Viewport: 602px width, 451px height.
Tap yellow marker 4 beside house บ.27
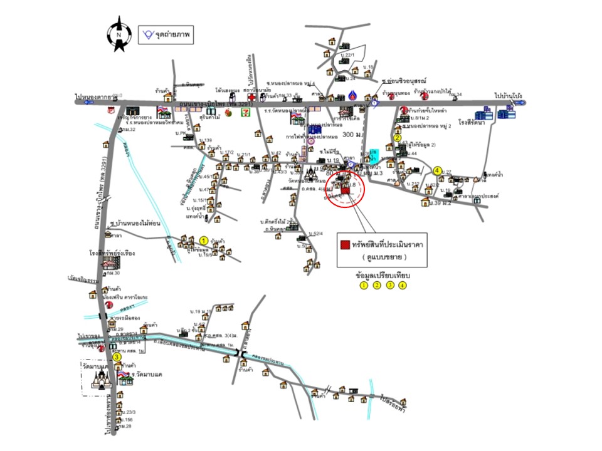point(438,170)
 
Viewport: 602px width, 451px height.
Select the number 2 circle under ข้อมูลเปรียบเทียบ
point(377,286)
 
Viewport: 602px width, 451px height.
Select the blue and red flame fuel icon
point(355,96)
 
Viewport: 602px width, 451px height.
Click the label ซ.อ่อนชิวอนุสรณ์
point(403,82)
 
